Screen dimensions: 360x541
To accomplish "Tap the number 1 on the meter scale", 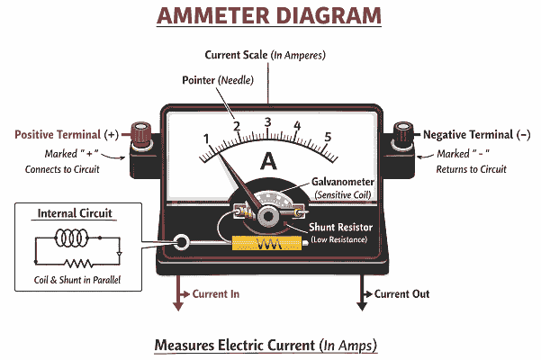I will coord(206,139).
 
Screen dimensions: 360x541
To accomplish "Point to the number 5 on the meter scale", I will coord(328,138).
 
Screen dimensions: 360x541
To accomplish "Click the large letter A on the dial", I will coord(267,162).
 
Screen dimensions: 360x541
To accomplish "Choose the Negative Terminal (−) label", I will coord(476,134).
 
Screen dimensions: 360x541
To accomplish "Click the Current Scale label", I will coord(265,55).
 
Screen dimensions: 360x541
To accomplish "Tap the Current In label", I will coord(216,294).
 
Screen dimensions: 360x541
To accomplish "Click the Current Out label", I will coord(401,294).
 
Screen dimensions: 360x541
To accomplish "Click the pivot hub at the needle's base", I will coord(267,216).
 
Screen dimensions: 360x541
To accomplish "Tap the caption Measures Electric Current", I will coord(265,346).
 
